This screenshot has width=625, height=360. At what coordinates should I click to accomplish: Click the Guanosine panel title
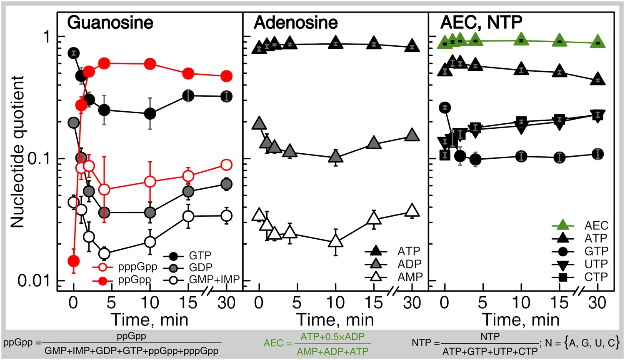110,22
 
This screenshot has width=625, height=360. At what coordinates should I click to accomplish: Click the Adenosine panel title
295,22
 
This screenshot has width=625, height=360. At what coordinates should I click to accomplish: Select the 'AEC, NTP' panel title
481,22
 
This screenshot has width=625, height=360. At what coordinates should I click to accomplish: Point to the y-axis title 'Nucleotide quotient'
17,152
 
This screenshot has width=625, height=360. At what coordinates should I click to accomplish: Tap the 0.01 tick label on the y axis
33,280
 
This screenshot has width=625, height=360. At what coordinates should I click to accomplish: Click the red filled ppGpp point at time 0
74,261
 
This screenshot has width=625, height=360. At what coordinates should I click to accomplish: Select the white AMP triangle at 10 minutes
335,242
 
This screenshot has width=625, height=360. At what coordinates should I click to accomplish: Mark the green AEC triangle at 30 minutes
597,42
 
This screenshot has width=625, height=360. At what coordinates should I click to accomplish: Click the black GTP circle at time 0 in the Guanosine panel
74,53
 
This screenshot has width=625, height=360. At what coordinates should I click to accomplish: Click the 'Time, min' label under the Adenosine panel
335,320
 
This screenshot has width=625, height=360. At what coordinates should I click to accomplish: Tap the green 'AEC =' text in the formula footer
278,343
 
